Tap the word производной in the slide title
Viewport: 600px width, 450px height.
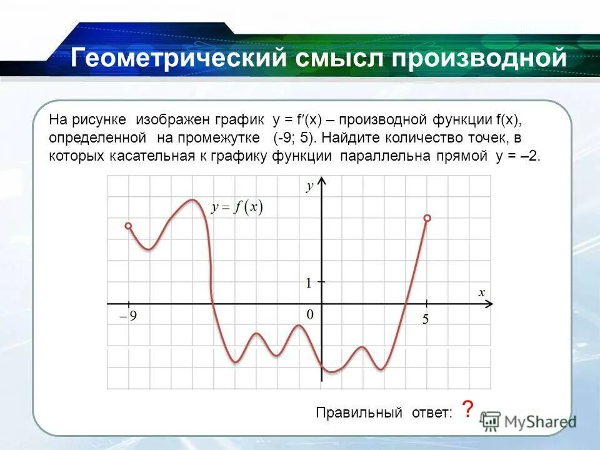[x=479, y=59]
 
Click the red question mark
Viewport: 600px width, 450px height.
[x=467, y=410]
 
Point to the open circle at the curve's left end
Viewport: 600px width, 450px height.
[x=128, y=226]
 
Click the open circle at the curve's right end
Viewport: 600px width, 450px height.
[x=427, y=218]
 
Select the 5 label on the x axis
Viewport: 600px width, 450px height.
[x=425, y=320]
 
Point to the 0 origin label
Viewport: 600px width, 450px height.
[x=309, y=314]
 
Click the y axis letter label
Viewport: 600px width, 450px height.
[x=309, y=186]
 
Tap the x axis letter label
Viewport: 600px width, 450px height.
[x=482, y=292]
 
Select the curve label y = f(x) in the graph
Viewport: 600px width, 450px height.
[x=237, y=207]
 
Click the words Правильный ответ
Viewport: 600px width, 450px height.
[x=383, y=413]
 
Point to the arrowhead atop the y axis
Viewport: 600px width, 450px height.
[x=322, y=181]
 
